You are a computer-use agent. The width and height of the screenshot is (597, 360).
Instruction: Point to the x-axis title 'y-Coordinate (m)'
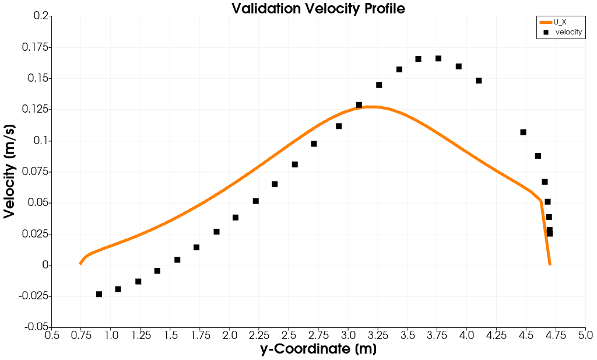(x=318, y=349)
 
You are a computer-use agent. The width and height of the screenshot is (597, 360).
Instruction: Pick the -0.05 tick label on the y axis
(x=33, y=327)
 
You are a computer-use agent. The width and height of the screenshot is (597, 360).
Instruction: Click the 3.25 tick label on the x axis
(x=378, y=335)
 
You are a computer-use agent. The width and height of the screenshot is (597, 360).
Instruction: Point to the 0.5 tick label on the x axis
(x=52, y=335)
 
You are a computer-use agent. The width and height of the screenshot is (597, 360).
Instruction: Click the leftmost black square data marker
(x=99, y=294)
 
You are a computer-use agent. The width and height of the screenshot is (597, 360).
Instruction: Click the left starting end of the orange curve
(x=80, y=264)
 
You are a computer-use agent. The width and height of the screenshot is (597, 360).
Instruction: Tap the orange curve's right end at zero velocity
(x=550, y=264)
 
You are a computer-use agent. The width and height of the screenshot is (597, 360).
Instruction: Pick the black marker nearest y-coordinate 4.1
(x=479, y=81)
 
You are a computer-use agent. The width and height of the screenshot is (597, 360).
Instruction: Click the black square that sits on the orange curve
(x=359, y=105)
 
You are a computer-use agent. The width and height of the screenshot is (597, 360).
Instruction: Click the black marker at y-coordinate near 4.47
(x=523, y=132)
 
